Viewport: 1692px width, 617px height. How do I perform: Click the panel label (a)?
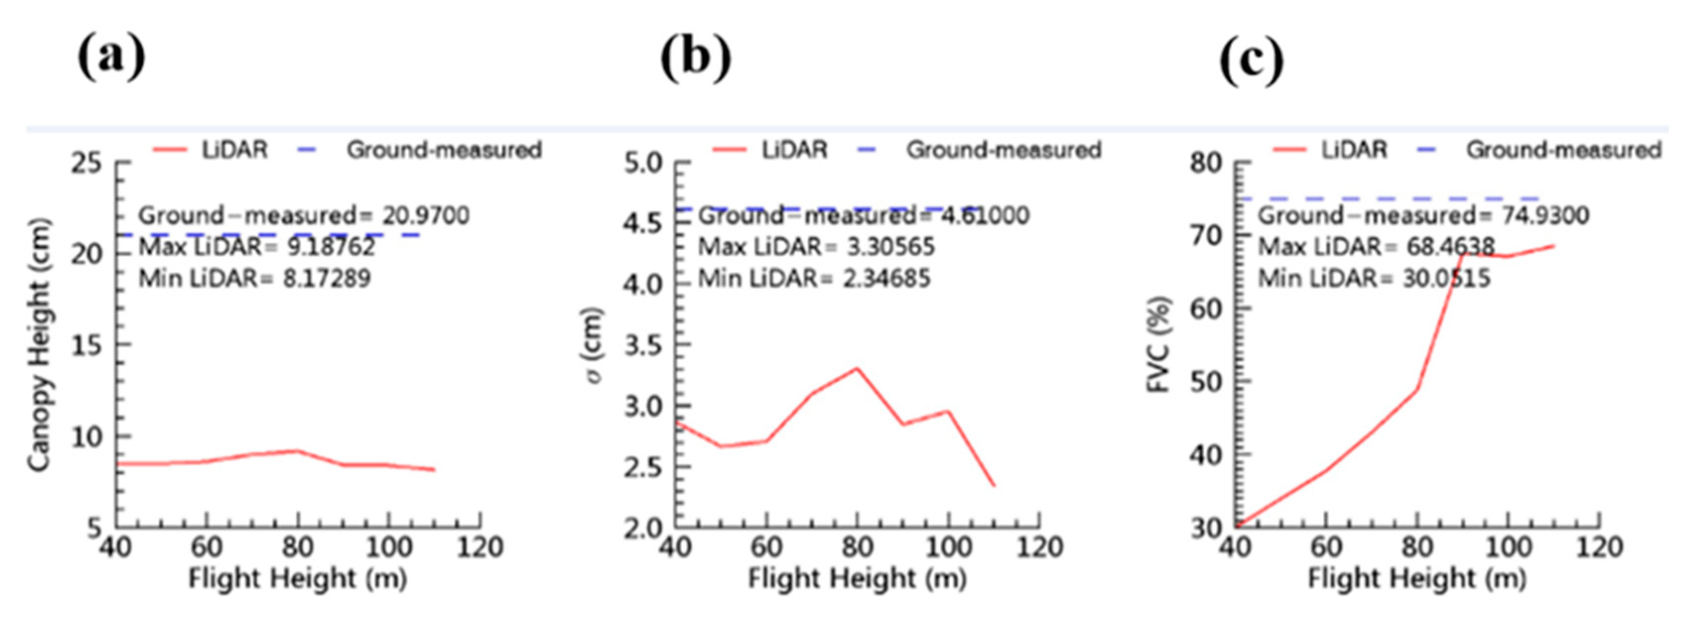pyautogui.click(x=111, y=59)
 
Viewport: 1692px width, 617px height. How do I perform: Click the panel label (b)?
pyautogui.click(x=696, y=59)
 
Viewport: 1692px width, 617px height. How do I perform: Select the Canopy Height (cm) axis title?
pyautogui.click(x=39, y=345)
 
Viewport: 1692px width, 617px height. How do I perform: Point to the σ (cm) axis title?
pyautogui.click(x=594, y=345)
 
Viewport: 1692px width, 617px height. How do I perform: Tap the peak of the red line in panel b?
pyautogui.click(x=856, y=369)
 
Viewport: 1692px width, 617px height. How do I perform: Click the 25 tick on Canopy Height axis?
pyautogui.click(x=87, y=162)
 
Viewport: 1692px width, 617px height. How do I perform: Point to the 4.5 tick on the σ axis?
pyautogui.click(x=643, y=223)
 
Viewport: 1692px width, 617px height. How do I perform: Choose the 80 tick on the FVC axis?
pyautogui.click(x=1206, y=162)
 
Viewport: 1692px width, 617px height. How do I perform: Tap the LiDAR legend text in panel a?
pyautogui.click(x=235, y=150)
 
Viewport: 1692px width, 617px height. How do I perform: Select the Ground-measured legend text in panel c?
pyautogui.click(x=1563, y=150)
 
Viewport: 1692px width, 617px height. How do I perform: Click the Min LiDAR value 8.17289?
pyautogui.click(x=326, y=278)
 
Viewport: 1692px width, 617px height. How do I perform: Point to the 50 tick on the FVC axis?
pyautogui.click(x=1206, y=381)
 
